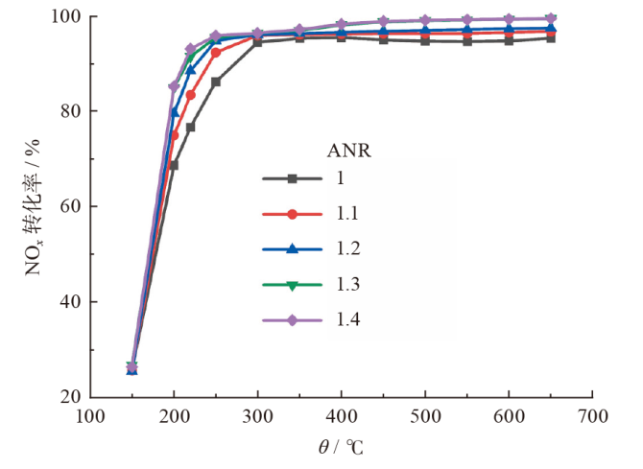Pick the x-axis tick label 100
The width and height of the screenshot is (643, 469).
90,418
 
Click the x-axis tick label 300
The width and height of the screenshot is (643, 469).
258,418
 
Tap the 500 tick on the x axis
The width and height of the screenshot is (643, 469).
426,418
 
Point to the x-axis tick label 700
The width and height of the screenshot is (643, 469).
593,418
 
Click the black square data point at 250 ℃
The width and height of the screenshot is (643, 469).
216,82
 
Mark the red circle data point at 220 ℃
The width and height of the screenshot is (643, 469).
191,95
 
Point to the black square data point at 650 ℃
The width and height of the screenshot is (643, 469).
551,37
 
